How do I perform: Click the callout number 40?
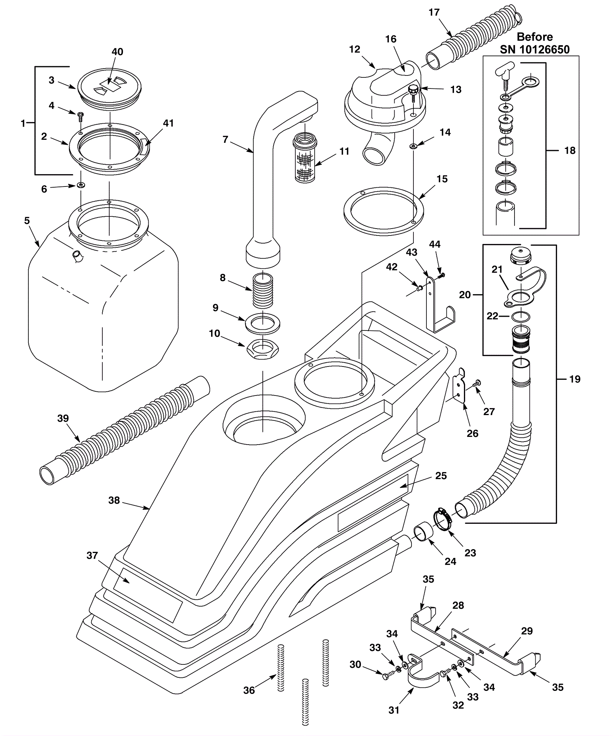(x=117, y=52)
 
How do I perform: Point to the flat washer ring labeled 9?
(x=262, y=323)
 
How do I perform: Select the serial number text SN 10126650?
(x=534, y=49)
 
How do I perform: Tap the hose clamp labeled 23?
(x=443, y=518)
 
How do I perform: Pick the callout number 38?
(x=114, y=500)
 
